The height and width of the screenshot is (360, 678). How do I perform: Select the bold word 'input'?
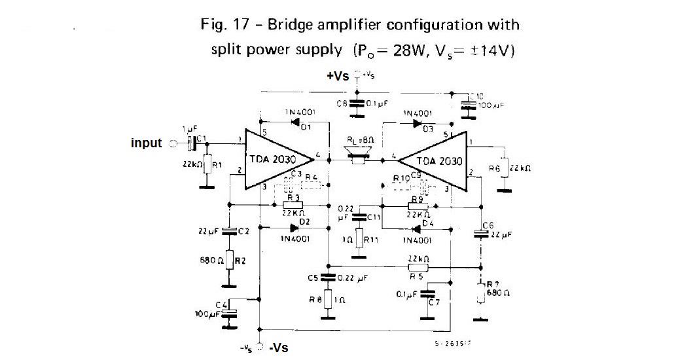(146, 143)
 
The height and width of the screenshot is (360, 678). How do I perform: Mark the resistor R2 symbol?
(229, 259)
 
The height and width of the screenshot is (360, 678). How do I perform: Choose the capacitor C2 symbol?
(229, 230)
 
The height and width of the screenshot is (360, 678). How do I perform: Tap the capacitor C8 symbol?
(357, 103)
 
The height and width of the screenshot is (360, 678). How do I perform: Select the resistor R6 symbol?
(504, 168)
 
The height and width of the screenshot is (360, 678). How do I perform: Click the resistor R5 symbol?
(418, 266)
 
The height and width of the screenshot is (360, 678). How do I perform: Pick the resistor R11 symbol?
(359, 240)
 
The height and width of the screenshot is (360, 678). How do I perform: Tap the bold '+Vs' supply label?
(338, 76)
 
